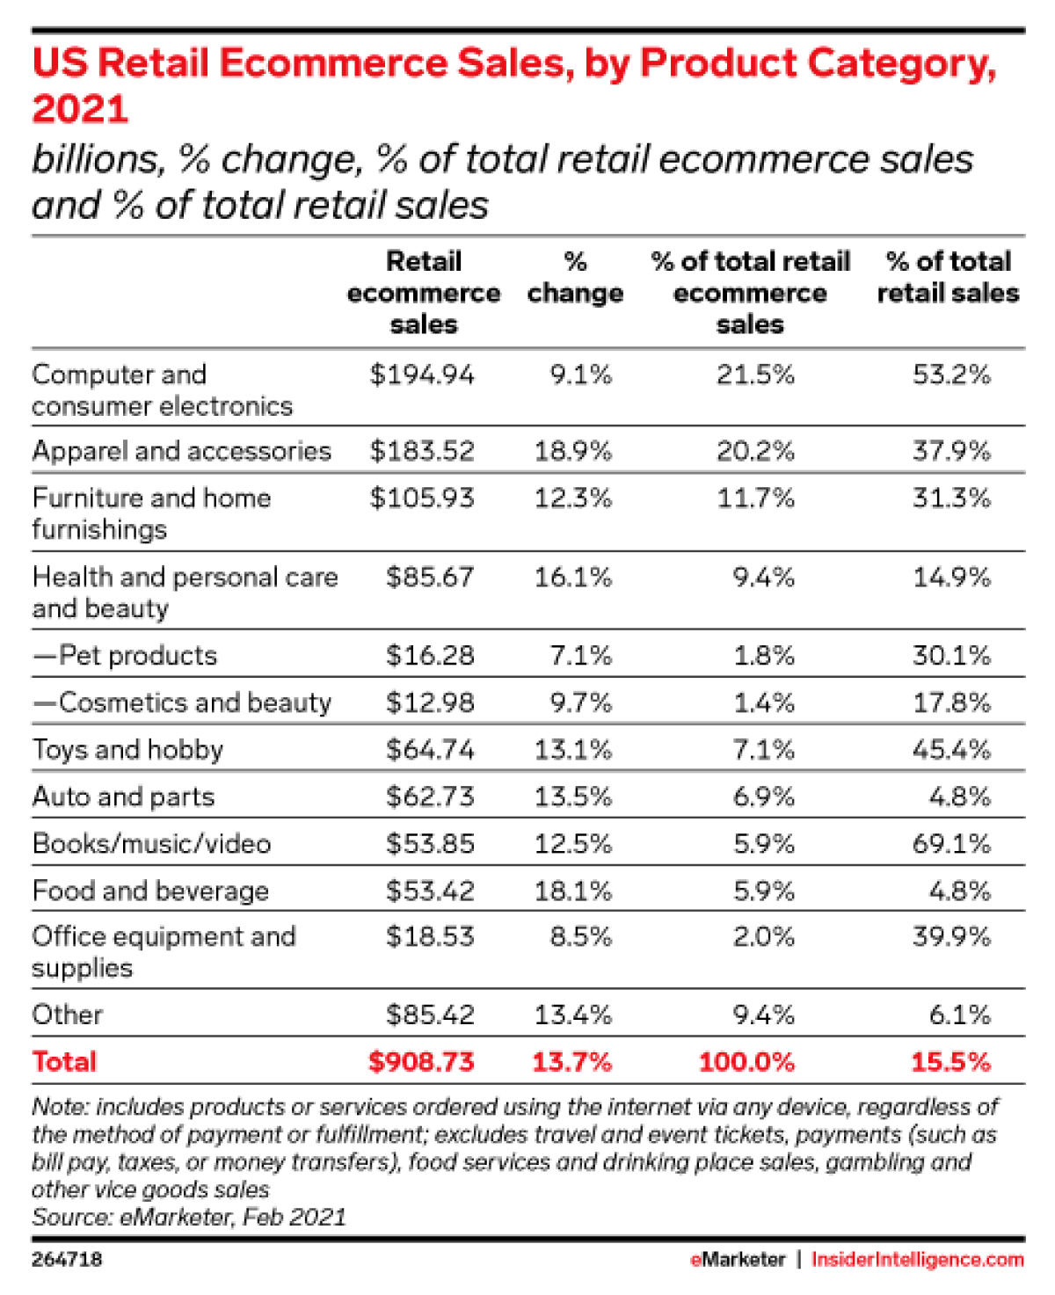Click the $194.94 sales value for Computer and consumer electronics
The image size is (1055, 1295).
pyautogui.click(x=422, y=375)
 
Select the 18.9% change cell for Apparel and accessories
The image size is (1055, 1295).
pyautogui.click(x=572, y=451)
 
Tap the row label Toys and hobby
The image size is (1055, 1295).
pyautogui.click(x=127, y=749)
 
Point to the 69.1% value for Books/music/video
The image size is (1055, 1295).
pyautogui.click(x=951, y=843)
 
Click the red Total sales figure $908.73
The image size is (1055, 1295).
pyautogui.click(x=421, y=1061)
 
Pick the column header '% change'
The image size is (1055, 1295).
pyautogui.click(x=575, y=277)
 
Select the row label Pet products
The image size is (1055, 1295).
pyautogui.click(x=125, y=655)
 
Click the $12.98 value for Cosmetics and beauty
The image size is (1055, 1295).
pyautogui.click(x=430, y=702)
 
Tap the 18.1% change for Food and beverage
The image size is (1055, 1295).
pyautogui.click(x=572, y=891)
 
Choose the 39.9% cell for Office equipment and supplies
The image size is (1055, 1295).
pyautogui.click(x=951, y=936)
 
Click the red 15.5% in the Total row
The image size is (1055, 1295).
pyautogui.click(x=950, y=1061)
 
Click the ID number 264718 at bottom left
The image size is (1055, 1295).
pyautogui.click(x=67, y=1259)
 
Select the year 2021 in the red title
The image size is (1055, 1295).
pyautogui.click(x=80, y=109)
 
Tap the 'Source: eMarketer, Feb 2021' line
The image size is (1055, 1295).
pyautogui.click(x=189, y=1217)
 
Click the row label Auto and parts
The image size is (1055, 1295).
pyautogui.click(x=123, y=797)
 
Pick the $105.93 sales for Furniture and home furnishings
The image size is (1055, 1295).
pyautogui.click(x=422, y=498)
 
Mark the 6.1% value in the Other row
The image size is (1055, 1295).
pyautogui.click(x=959, y=1015)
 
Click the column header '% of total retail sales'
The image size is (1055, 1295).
pyautogui.click(x=948, y=277)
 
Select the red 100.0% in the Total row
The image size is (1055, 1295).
pyautogui.click(x=746, y=1061)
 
